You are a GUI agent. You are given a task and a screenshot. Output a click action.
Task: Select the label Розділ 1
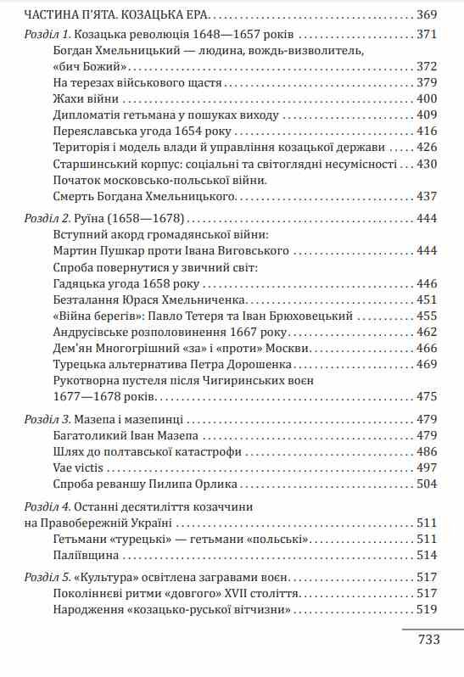pyautogui.click(x=47, y=35)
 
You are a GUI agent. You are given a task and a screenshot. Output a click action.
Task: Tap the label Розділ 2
pyautogui.click(x=48, y=218)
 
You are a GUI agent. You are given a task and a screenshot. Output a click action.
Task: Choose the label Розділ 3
pyautogui.click(x=48, y=419)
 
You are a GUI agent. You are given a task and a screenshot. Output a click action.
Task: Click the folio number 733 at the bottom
pyautogui.click(x=428, y=640)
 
